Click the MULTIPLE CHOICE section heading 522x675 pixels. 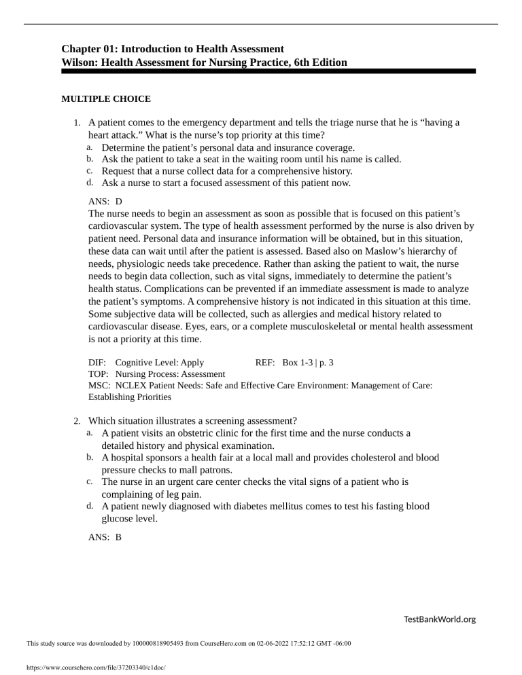click(x=106, y=98)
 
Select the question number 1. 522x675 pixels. click(x=78, y=123)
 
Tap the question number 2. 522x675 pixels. click(x=78, y=420)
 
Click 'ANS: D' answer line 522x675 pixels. click(x=105, y=202)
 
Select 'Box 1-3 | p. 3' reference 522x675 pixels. click(x=307, y=363)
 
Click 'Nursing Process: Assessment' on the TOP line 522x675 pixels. click(x=170, y=373)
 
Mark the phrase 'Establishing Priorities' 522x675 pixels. click(x=130, y=396)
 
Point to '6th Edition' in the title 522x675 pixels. click(x=318, y=62)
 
